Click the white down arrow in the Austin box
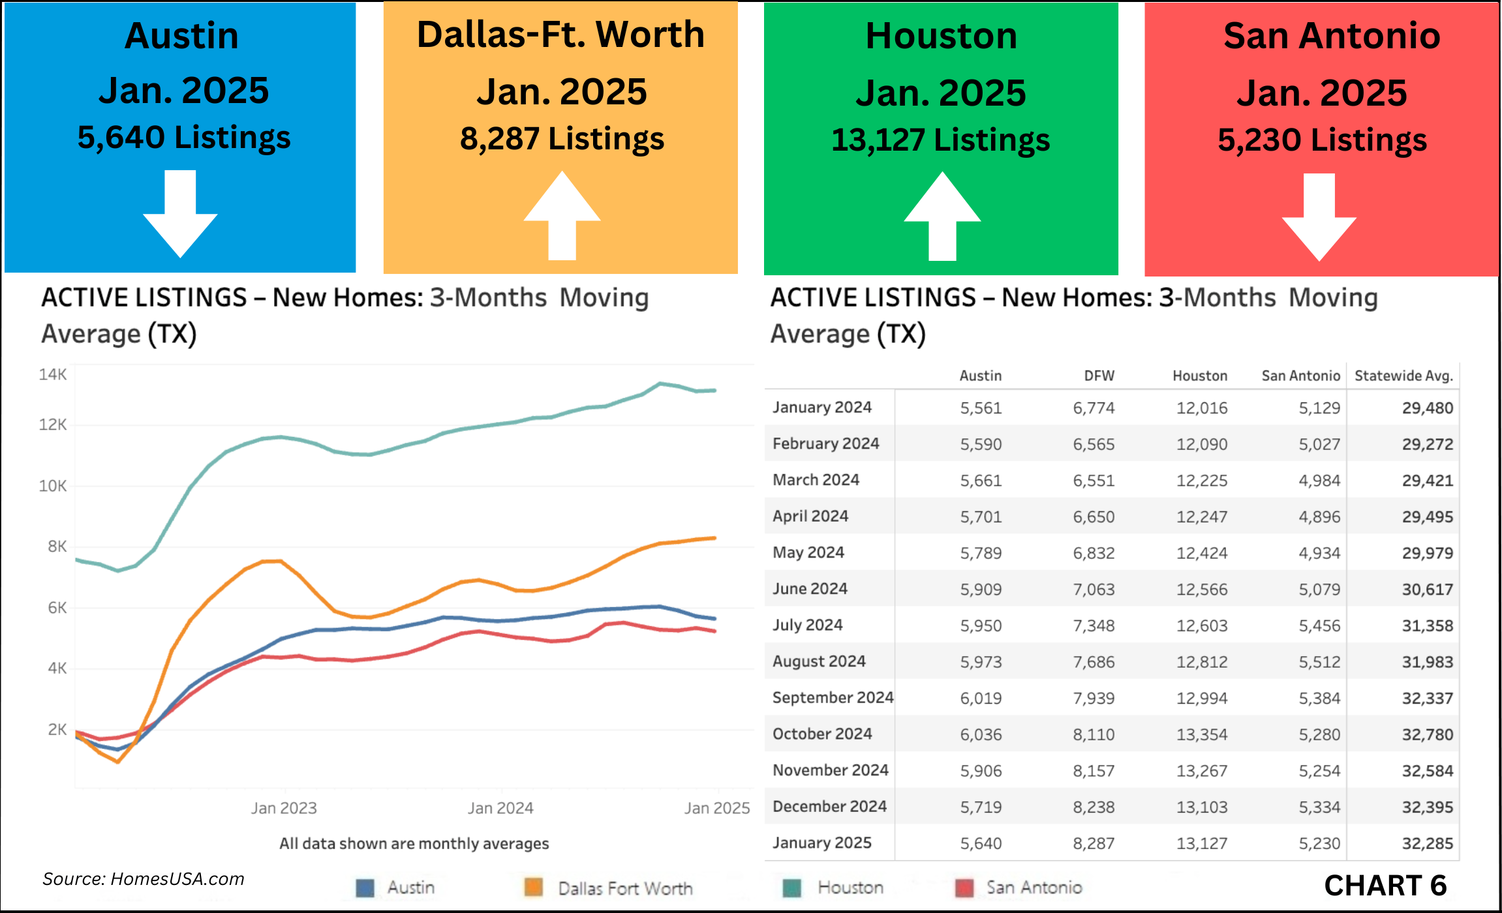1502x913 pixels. tap(180, 215)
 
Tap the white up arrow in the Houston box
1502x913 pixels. tap(942, 215)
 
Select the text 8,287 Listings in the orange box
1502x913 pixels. tap(562, 139)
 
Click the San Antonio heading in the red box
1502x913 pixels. tap(1332, 36)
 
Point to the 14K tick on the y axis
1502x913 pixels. tap(53, 374)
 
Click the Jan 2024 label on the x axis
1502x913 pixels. tap(500, 808)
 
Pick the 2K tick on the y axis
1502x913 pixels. tap(57, 729)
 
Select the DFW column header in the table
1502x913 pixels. tap(1099, 376)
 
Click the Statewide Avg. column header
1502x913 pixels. tap(1403, 376)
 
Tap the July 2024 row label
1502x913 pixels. tap(808, 625)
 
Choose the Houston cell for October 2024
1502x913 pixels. tap(1202, 734)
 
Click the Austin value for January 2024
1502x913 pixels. tap(981, 408)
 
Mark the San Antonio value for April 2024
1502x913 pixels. tap(1319, 516)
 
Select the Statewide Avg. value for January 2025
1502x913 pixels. tap(1428, 843)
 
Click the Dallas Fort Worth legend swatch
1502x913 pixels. tap(534, 888)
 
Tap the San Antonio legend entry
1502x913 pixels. tap(1034, 888)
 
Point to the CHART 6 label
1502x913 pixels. tap(1385, 886)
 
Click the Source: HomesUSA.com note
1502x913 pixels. tap(144, 879)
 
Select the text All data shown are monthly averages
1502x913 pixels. tap(414, 843)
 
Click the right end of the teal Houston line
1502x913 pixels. tap(714, 391)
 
